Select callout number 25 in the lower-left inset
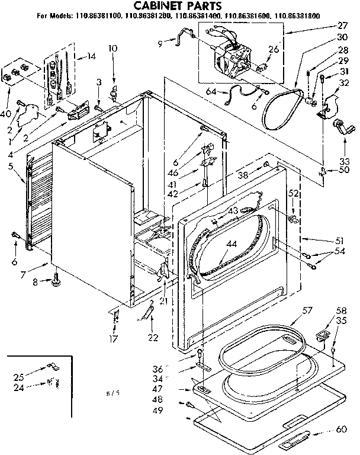pyautogui.click(x=20, y=377)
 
